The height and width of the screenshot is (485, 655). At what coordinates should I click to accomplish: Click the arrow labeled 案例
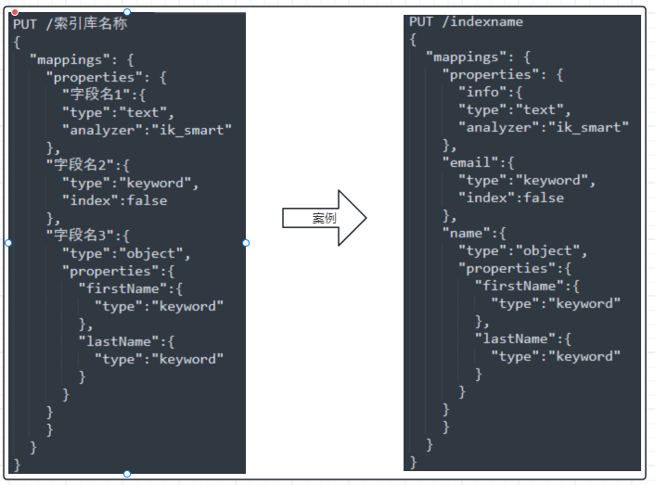click(324, 218)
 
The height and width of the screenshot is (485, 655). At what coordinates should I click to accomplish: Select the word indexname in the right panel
click(486, 21)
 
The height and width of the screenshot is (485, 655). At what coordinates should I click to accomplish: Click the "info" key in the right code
click(482, 92)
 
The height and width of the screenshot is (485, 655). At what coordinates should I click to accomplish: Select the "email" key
click(470, 162)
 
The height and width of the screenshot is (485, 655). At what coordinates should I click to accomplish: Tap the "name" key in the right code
click(466, 233)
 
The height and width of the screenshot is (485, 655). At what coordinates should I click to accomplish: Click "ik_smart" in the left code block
click(192, 130)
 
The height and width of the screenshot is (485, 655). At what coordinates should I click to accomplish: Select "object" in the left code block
click(151, 254)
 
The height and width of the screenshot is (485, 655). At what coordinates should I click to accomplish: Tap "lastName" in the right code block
click(515, 338)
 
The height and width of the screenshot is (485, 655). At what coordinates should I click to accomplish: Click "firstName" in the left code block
click(122, 288)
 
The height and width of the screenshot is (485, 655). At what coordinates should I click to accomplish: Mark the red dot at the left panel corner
click(15, 13)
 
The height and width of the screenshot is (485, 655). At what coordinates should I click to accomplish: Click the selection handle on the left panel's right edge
click(246, 243)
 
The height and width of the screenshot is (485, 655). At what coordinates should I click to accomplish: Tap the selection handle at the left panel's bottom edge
click(127, 474)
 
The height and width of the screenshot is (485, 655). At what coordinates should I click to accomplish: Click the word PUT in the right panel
click(421, 21)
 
